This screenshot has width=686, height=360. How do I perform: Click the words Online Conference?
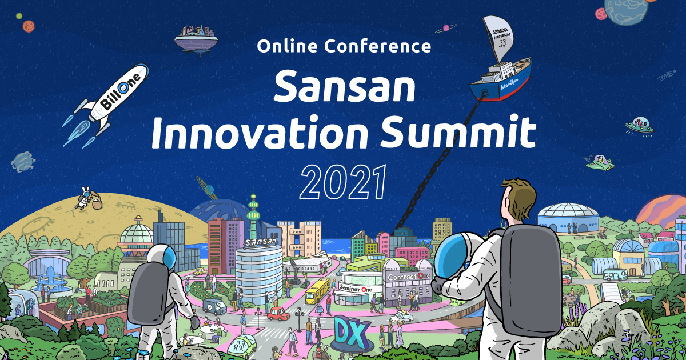(344, 46)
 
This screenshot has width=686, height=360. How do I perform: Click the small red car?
(278, 314)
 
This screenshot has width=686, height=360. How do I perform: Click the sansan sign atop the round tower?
(261, 242)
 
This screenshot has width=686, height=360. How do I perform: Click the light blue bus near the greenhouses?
(615, 274)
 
